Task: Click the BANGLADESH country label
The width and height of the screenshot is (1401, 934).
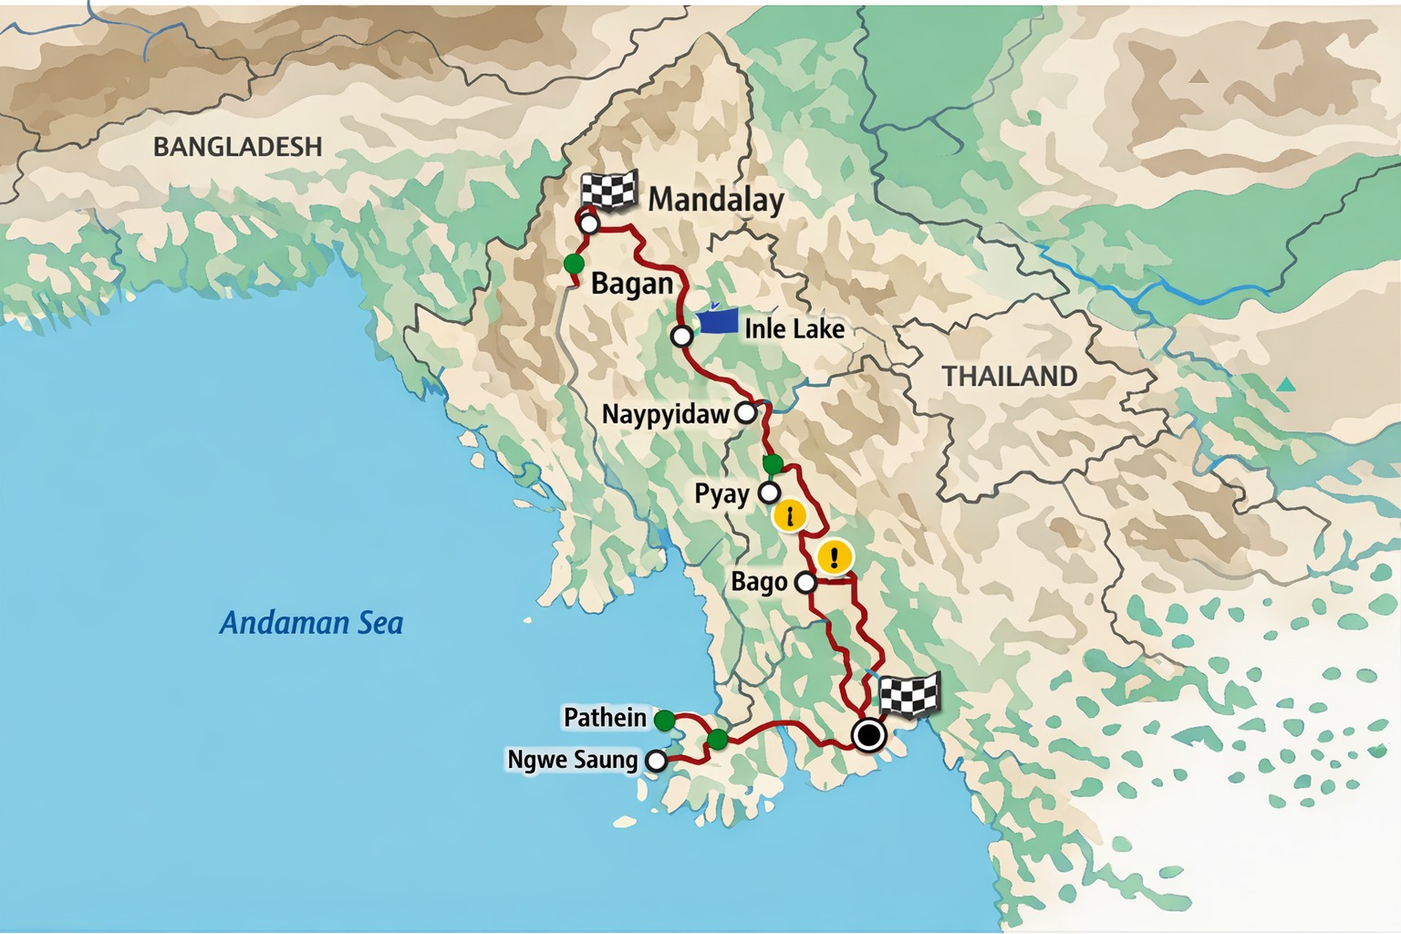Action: click(x=237, y=146)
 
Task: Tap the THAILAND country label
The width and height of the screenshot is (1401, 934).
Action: click(x=1009, y=376)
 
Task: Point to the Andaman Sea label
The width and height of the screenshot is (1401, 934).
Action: click(x=311, y=623)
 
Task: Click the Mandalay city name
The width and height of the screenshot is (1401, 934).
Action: click(x=715, y=199)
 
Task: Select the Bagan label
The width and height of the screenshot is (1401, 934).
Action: click(x=631, y=284)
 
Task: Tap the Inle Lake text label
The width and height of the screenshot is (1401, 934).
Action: click(x=794, y=328)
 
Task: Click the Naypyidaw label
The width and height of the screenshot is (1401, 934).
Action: click(x=666, y=414)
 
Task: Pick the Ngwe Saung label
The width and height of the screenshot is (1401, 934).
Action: click(x=572, y=760)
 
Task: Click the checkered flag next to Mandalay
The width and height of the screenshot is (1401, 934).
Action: click(x=608, y=191)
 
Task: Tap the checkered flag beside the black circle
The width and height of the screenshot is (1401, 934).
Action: click(x=908, y=696)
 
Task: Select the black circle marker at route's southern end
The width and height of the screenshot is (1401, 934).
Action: click(x=868, y=734)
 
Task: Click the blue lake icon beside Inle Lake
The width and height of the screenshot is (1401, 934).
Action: click(x=717, y=319)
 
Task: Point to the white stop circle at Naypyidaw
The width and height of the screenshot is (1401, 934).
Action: click(x=746, y=412)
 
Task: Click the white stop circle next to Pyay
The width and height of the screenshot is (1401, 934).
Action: click(x=770, y=493)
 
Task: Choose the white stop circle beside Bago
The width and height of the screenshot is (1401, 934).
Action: click(x=805, y=582)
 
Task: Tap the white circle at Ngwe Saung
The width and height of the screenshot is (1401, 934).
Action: click(x=656, y=760)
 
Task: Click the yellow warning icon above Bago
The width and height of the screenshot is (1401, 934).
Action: click(x=834, y=556)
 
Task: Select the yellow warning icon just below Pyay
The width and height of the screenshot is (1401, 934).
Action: click(x=789, y=517)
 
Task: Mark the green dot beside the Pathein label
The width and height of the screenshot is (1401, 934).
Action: click(x=664, y=721)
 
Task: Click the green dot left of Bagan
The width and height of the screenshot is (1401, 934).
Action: click(x=574, y=264)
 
